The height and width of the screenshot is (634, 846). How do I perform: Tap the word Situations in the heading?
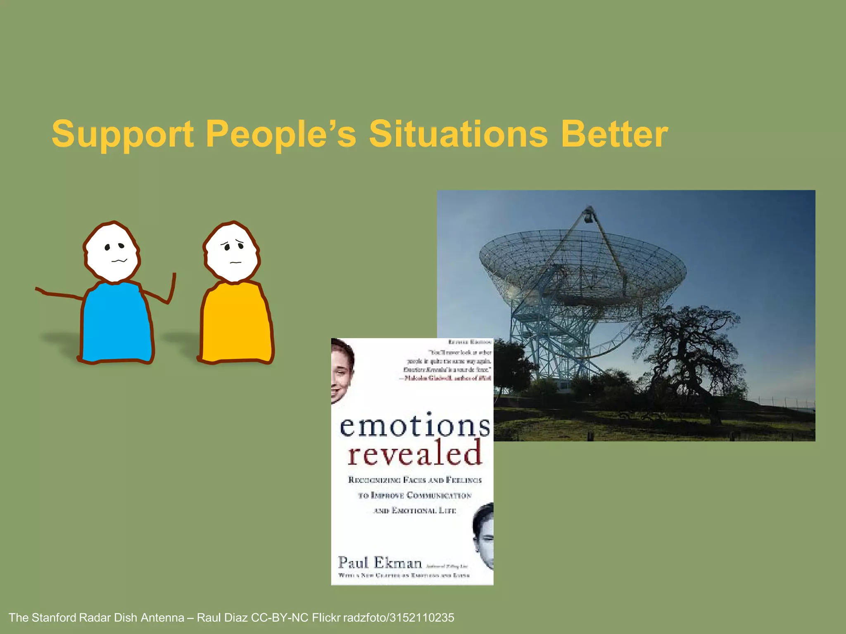[x=458, y=134]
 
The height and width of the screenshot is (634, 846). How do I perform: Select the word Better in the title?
[x=614, y=134]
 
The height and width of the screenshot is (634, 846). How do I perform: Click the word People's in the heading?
[x=280, y=134]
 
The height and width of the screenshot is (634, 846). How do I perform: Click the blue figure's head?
[x=112, y=252]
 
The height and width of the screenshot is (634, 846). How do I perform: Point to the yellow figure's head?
[x=232, y=252]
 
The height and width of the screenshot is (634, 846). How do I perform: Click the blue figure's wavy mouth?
[x=119, y=260]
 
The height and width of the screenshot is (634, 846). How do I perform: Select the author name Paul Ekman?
[x=380, y=563]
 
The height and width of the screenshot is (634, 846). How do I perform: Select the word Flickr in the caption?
[x=326, y=618]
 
